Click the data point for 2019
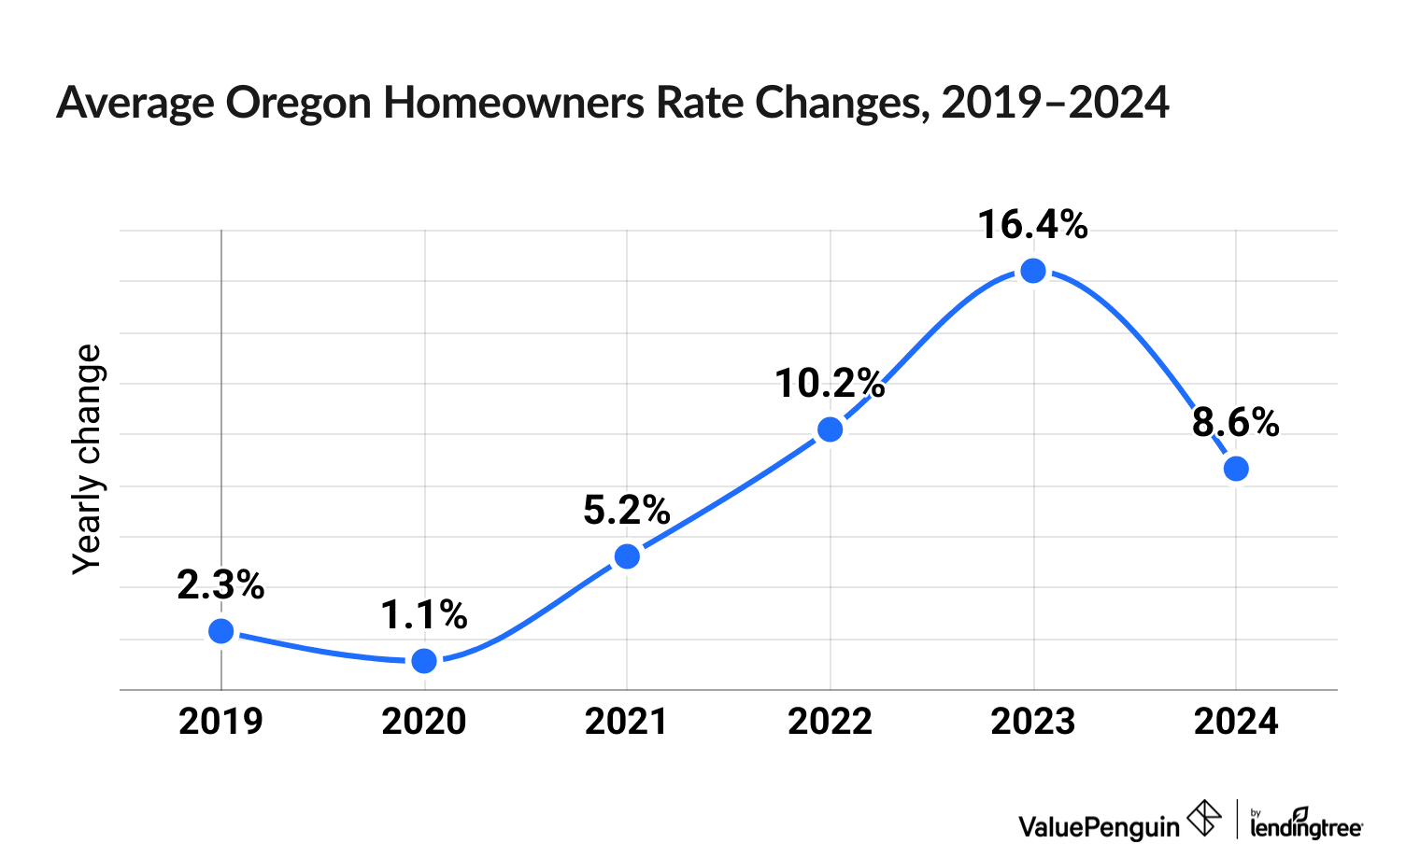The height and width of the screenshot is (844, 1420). pos(221,631)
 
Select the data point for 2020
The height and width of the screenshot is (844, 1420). pos(424,661)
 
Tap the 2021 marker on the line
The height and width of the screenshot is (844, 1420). pos(627,556)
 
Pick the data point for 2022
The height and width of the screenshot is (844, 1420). pos(830,429)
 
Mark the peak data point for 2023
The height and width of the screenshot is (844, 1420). pos(1033,271)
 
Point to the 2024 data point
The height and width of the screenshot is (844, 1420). pos(1236,469)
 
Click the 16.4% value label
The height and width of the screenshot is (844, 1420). pos(1033,225)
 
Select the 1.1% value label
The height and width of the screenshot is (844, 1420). pos(424,614)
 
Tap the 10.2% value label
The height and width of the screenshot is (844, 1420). pos(830,383)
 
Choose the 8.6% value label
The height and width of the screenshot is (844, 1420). pos(1236,423)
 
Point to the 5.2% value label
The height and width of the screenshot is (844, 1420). pos(627,510)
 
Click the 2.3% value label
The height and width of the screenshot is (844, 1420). pos(221,585)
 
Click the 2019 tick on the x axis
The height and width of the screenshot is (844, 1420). pos(221,722)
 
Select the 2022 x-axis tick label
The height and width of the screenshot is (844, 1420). pos(830,722)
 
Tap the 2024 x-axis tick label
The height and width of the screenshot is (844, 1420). pos(1236,722)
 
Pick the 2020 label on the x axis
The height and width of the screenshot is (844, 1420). pos(424,722)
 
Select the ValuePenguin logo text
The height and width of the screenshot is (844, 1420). pos(1099,826)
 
